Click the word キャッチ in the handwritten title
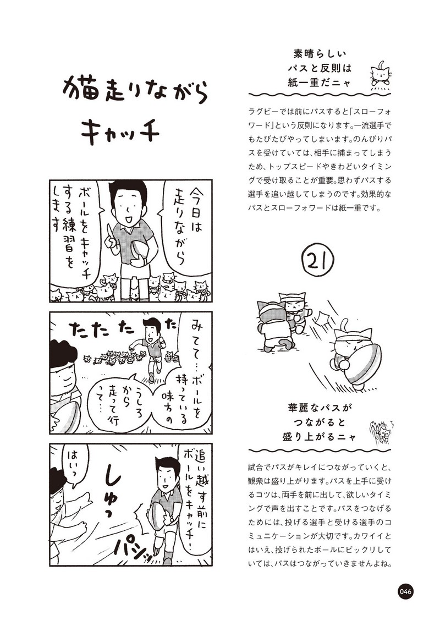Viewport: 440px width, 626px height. (120, 131)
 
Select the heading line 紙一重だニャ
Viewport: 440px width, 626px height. (320, 82)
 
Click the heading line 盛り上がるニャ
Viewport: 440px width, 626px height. (320, 436)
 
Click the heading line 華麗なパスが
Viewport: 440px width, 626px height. (320, 408)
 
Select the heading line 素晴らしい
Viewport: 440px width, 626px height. (320, 54)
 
